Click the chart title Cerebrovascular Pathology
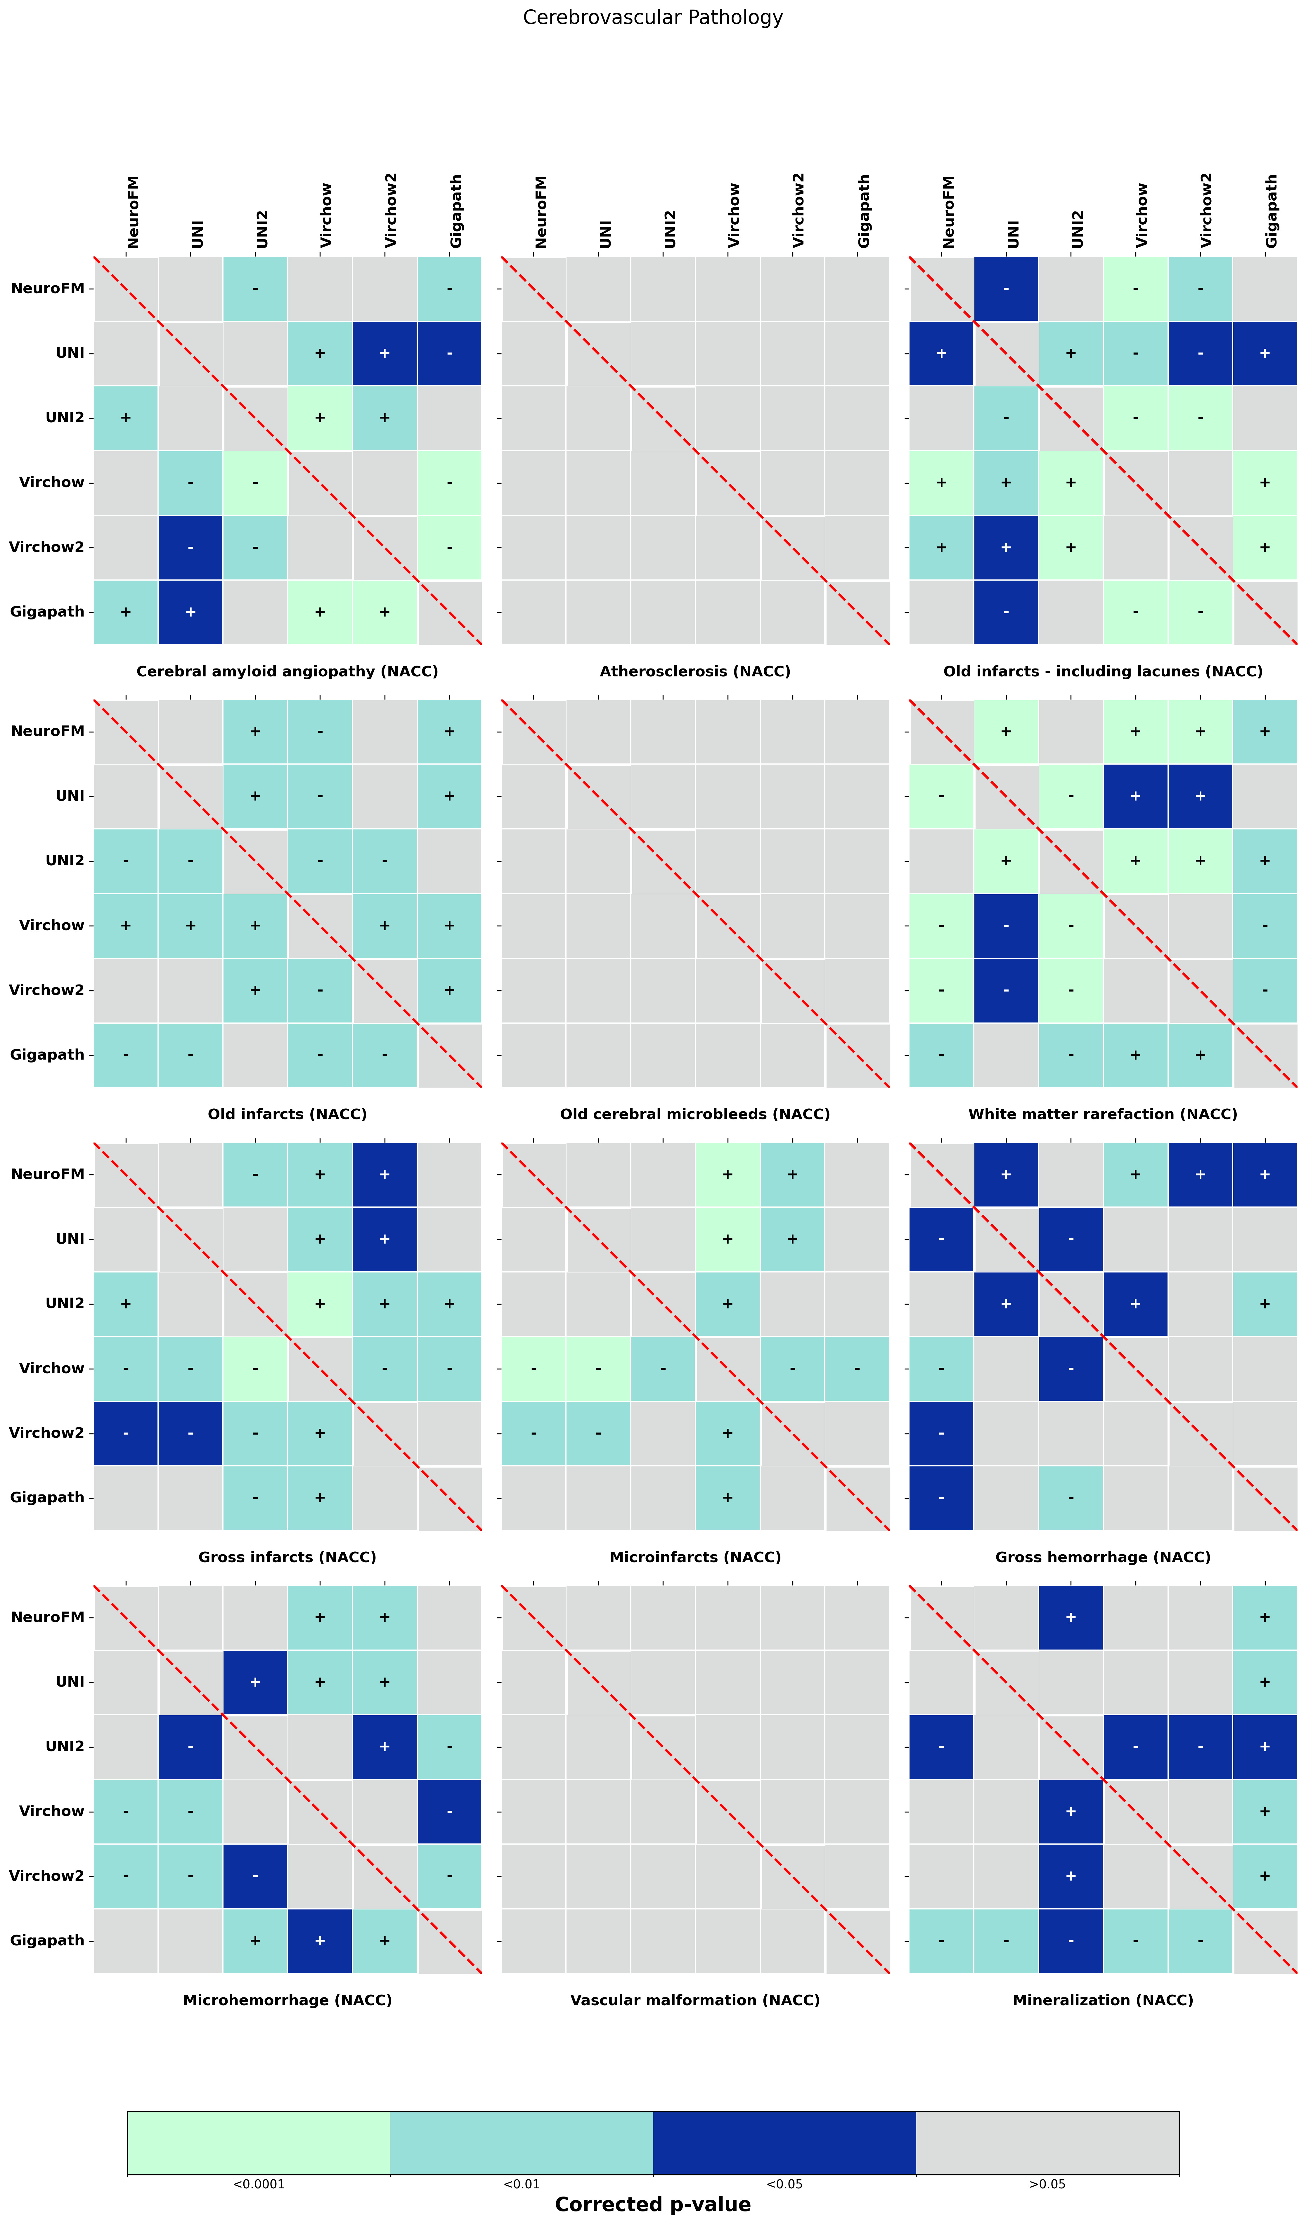(652, 18)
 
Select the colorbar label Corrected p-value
(652, 2204)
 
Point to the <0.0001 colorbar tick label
(259, 2184)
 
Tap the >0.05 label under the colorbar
(1047, 2184)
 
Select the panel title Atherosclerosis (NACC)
(695, 672)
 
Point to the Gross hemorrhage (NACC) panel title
(1103, 1557)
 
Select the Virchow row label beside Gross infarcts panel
(51, 1368)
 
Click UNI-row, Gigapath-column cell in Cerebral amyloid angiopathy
(449, 353)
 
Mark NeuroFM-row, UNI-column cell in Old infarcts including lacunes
(1006, 289)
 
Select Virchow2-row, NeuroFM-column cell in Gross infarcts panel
(125, 1432)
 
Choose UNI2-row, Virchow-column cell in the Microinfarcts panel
(727, 1303)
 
